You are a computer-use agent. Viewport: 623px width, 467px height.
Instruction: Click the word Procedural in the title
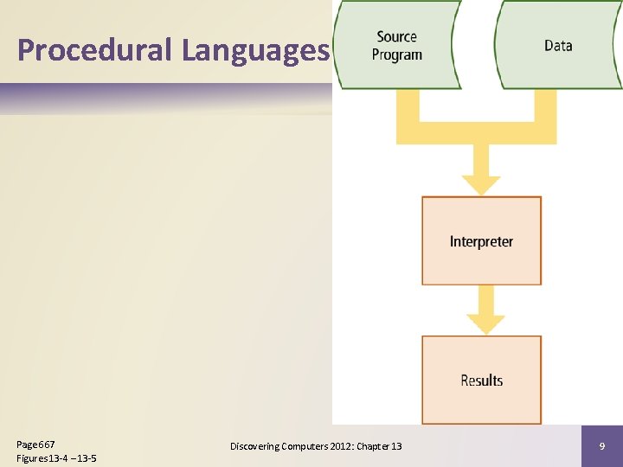click(95, 50)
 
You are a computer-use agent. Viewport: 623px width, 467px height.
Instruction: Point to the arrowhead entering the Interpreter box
click(481, 184)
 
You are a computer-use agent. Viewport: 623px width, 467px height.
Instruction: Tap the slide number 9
click(601, 445)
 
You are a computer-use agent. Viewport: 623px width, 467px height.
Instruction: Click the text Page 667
click(35, 444)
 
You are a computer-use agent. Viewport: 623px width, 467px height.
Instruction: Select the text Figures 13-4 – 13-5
click(56, 457)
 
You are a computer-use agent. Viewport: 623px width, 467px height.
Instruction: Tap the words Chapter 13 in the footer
click(380, 446)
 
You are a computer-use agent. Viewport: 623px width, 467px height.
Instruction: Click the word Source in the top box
click(397, 36)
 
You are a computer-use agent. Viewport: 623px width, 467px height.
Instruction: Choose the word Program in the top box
click(397, 54)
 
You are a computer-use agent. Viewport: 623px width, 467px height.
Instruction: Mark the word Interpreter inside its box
click(481, 241)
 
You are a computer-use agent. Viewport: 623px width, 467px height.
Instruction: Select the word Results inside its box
click(481, 381)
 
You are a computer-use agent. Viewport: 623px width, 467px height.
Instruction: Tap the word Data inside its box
click(558, 45)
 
